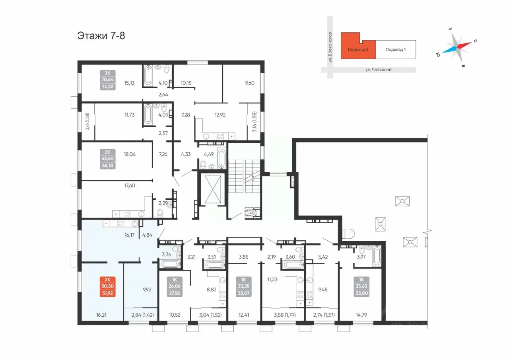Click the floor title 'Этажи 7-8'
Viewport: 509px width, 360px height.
[101, 36]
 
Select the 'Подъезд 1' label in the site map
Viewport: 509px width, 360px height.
[396, 49]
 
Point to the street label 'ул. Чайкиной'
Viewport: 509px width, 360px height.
[378, 70]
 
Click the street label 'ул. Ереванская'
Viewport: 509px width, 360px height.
[330, 47]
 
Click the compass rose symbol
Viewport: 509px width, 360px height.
[457, 48]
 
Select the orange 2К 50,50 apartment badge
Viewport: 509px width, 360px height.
[107, 286]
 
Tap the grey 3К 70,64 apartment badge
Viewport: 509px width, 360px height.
[107, 80]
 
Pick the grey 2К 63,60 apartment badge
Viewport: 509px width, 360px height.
[107, 159]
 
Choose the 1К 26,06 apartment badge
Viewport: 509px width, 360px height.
[174, 286]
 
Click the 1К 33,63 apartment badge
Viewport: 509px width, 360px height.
[361, 286]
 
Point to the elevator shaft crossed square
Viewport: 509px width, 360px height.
[213, 189]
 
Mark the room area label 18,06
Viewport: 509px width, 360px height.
[130, 154]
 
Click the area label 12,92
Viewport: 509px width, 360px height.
[220, 115]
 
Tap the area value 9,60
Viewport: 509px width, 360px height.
[249, 83]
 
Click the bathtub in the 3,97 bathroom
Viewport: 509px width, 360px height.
[377, 256]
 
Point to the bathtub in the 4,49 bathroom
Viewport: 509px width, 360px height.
[221, 159]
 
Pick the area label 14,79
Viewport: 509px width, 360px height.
[361, 315]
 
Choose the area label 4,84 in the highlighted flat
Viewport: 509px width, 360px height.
[147, 235]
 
